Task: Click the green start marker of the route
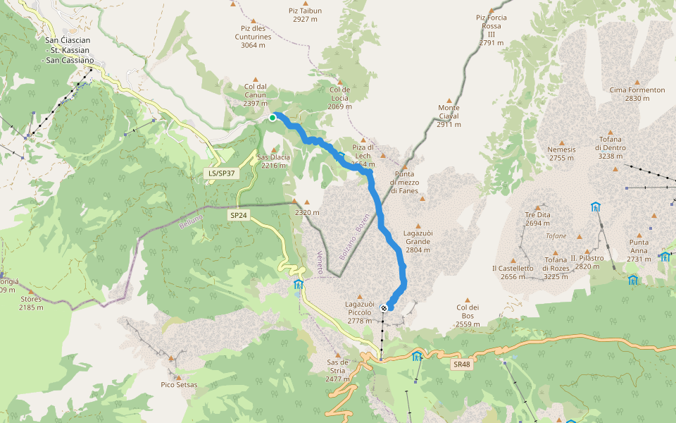[x=273, y=118]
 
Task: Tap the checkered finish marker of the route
[x=384, y=307]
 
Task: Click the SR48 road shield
[x=461, y=364]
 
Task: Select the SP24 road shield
[x=239, y=215]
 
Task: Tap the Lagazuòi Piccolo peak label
[x=364, y=312]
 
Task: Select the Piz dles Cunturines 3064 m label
[x=256, y=37]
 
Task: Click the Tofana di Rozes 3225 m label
[x=556, y=268]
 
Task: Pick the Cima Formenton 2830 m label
[x=637, y=94]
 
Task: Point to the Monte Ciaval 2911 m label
[x=449, y=116]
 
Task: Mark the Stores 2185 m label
[x=31, y=303]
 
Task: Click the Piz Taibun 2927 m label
[x=305, y=16]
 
